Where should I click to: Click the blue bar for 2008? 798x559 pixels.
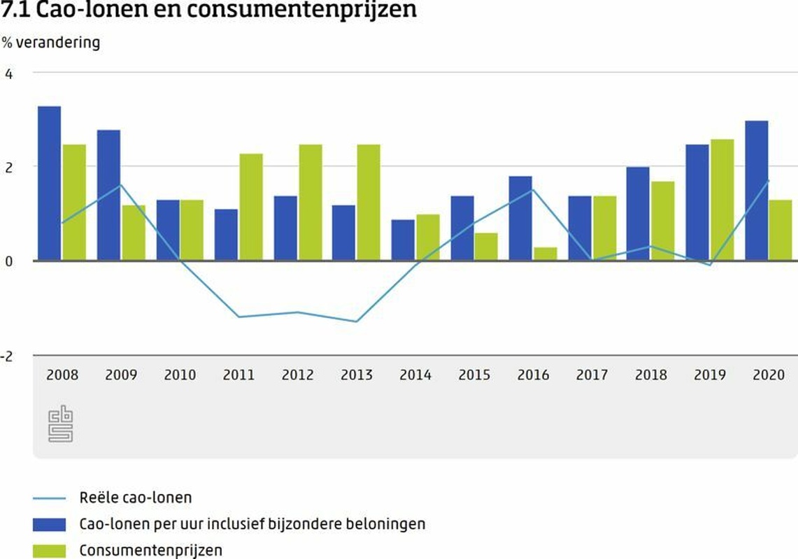pos(49,183)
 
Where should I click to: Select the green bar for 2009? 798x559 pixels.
pos(134,233)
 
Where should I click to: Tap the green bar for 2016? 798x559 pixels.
pos(546,254)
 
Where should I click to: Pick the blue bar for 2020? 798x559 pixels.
pos(757,190)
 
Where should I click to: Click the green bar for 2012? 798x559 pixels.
pos(311,202)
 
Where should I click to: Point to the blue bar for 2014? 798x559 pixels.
pos(403,240)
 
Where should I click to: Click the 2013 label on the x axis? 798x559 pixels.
pos(357,375)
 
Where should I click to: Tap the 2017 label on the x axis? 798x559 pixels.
pos(592,375)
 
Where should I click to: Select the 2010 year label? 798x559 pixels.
pos(180,375)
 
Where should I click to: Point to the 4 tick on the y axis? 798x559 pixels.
pos(8,73)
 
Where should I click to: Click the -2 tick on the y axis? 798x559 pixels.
pos(7,356)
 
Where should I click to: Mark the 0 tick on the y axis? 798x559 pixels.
pos(8,261)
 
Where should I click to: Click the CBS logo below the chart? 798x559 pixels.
pos(61,424)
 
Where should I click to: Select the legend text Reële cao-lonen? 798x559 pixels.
pos(136,498)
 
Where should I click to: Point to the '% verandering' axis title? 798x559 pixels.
pos(50,43)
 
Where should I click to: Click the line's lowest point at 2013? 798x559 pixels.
pos(357,321)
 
